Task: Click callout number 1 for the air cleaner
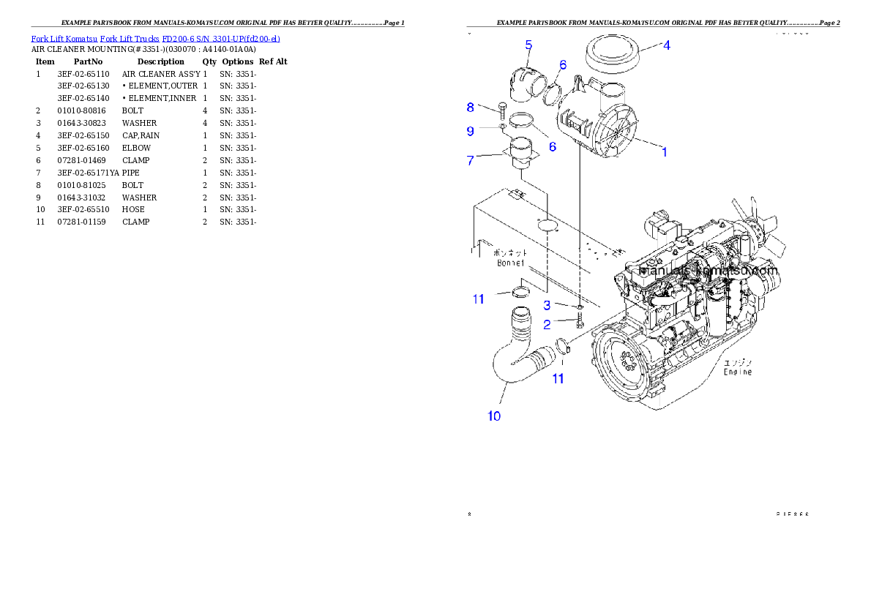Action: (x=664, y=152)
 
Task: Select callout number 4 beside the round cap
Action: (x=665, y=45)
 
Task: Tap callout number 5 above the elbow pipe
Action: (x=528, y=45)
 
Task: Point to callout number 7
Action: (x=471, y=160)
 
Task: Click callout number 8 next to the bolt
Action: (x=471, y=108)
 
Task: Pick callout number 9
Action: (x=471, y=131)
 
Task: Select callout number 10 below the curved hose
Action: (x=494, y=416)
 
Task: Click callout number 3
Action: (x=546, y=305)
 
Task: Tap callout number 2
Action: (x=546, y=325)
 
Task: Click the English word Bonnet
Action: (x=511, y=263)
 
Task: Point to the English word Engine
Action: (x=737, y=372)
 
